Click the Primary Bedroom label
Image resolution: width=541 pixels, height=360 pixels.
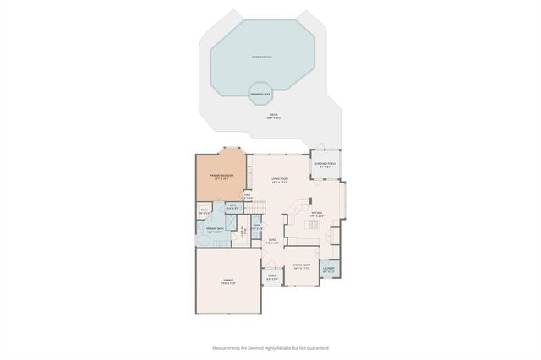coord(221,176)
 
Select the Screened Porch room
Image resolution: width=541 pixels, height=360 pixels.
coord(325,166)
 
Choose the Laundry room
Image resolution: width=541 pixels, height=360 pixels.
coord(328,270)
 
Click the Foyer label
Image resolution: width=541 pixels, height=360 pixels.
coord(273,241)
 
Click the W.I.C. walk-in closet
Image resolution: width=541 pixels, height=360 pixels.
coord(204,211)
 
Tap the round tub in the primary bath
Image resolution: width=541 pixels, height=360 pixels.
coord(204,242)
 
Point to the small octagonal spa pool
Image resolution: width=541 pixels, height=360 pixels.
coord(260,94)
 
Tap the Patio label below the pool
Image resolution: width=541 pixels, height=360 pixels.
coord(274,116)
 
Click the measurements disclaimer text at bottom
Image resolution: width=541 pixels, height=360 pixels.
coord(270,346)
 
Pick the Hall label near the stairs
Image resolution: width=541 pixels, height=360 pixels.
coord(248,196)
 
